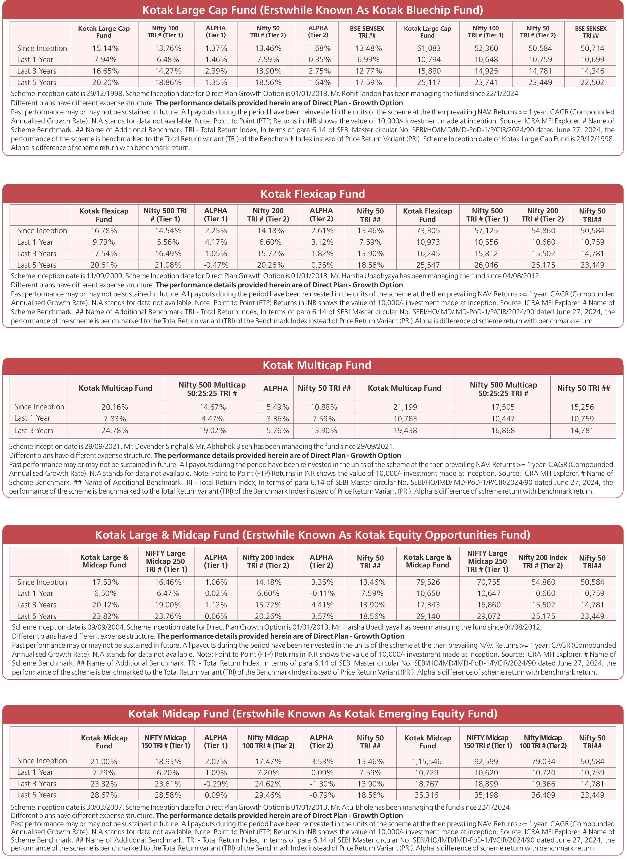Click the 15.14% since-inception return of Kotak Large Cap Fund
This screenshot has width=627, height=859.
(105, 48)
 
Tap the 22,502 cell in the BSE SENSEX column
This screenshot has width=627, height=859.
(592, 82)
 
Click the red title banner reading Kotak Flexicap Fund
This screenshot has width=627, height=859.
(313, 194)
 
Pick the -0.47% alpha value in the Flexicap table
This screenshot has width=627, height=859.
(215, 265)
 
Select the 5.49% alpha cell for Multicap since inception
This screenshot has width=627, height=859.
(278, 407)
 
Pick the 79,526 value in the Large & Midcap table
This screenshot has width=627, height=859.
(428, 582)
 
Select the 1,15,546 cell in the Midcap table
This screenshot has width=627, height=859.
(427, 761)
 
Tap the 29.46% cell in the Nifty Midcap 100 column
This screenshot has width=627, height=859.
(268, 795)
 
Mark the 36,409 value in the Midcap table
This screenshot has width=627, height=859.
(543, 795)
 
